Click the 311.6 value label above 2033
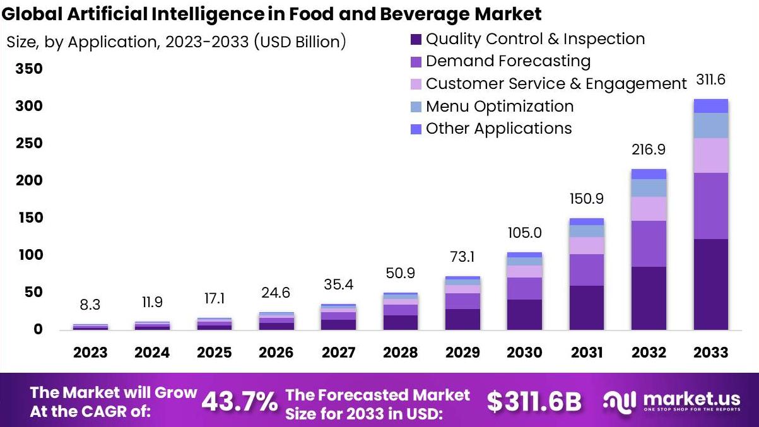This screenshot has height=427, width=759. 710,80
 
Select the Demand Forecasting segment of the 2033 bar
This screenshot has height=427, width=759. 710,206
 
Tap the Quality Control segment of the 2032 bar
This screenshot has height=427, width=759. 649,298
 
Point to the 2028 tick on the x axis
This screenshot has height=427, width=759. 401,352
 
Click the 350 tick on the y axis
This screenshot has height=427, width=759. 29,69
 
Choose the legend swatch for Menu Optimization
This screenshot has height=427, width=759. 416,107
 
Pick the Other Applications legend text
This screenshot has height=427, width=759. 498,129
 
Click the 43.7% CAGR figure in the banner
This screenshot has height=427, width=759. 240,402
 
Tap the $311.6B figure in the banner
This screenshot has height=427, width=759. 534,402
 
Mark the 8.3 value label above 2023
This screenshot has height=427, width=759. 90,305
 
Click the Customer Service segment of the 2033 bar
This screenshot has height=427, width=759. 710,155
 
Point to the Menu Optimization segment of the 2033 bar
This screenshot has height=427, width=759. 710,126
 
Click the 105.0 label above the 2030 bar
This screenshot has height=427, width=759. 525,233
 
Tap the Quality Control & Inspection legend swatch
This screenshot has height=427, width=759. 416,40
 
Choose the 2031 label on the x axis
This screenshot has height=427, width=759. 587,352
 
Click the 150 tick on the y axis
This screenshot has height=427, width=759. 29,218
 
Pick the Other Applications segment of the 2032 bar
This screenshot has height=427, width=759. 649,174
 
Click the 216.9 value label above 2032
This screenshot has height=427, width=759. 649,150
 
